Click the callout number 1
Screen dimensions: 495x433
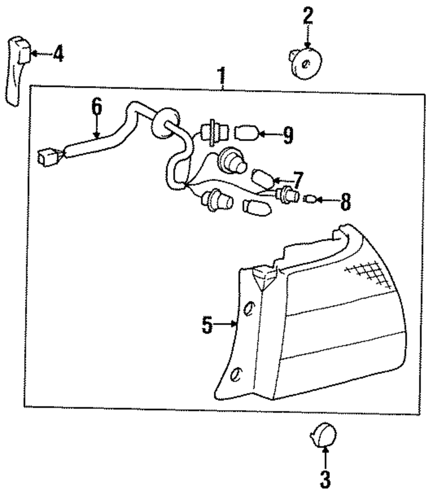click(222, 76)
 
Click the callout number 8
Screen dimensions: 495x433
click(345, 202)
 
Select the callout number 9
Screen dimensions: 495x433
click(288, 135)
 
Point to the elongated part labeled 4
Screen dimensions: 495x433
click(17, 69)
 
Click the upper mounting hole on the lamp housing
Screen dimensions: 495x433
click(249, 309)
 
